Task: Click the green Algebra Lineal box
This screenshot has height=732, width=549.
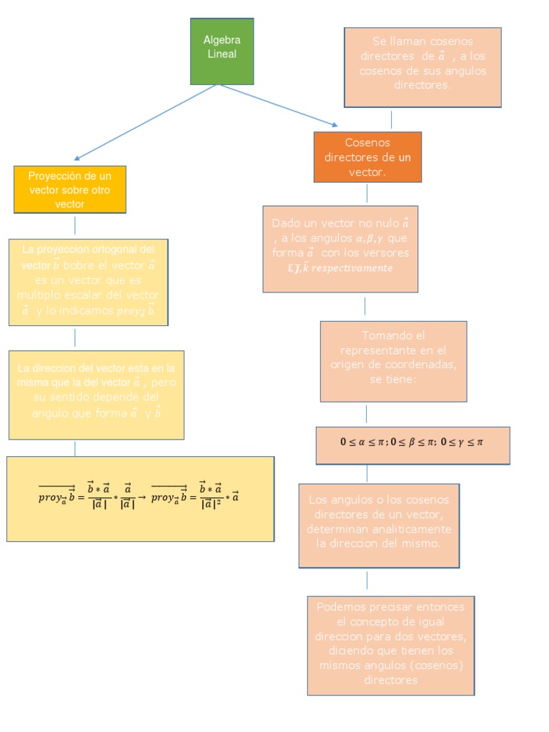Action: (222, 51)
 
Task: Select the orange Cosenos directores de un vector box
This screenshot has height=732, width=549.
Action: (367, 157)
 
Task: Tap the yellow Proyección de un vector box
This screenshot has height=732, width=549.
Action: (70, 189)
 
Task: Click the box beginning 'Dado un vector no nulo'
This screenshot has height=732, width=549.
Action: (340, 249)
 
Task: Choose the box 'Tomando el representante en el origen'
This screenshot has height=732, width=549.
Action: (393, 361)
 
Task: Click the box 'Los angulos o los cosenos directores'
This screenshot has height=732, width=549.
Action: (379, 525)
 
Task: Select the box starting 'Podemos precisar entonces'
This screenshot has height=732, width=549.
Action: (390, 645)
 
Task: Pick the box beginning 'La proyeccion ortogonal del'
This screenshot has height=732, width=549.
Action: (89, 282)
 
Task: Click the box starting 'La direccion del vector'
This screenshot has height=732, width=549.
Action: (96, 395)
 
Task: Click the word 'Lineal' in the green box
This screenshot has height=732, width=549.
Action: (222, 54)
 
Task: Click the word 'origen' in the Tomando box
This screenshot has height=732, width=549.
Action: (345, 365)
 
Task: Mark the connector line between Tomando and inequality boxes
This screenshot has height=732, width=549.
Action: (367, 414)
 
